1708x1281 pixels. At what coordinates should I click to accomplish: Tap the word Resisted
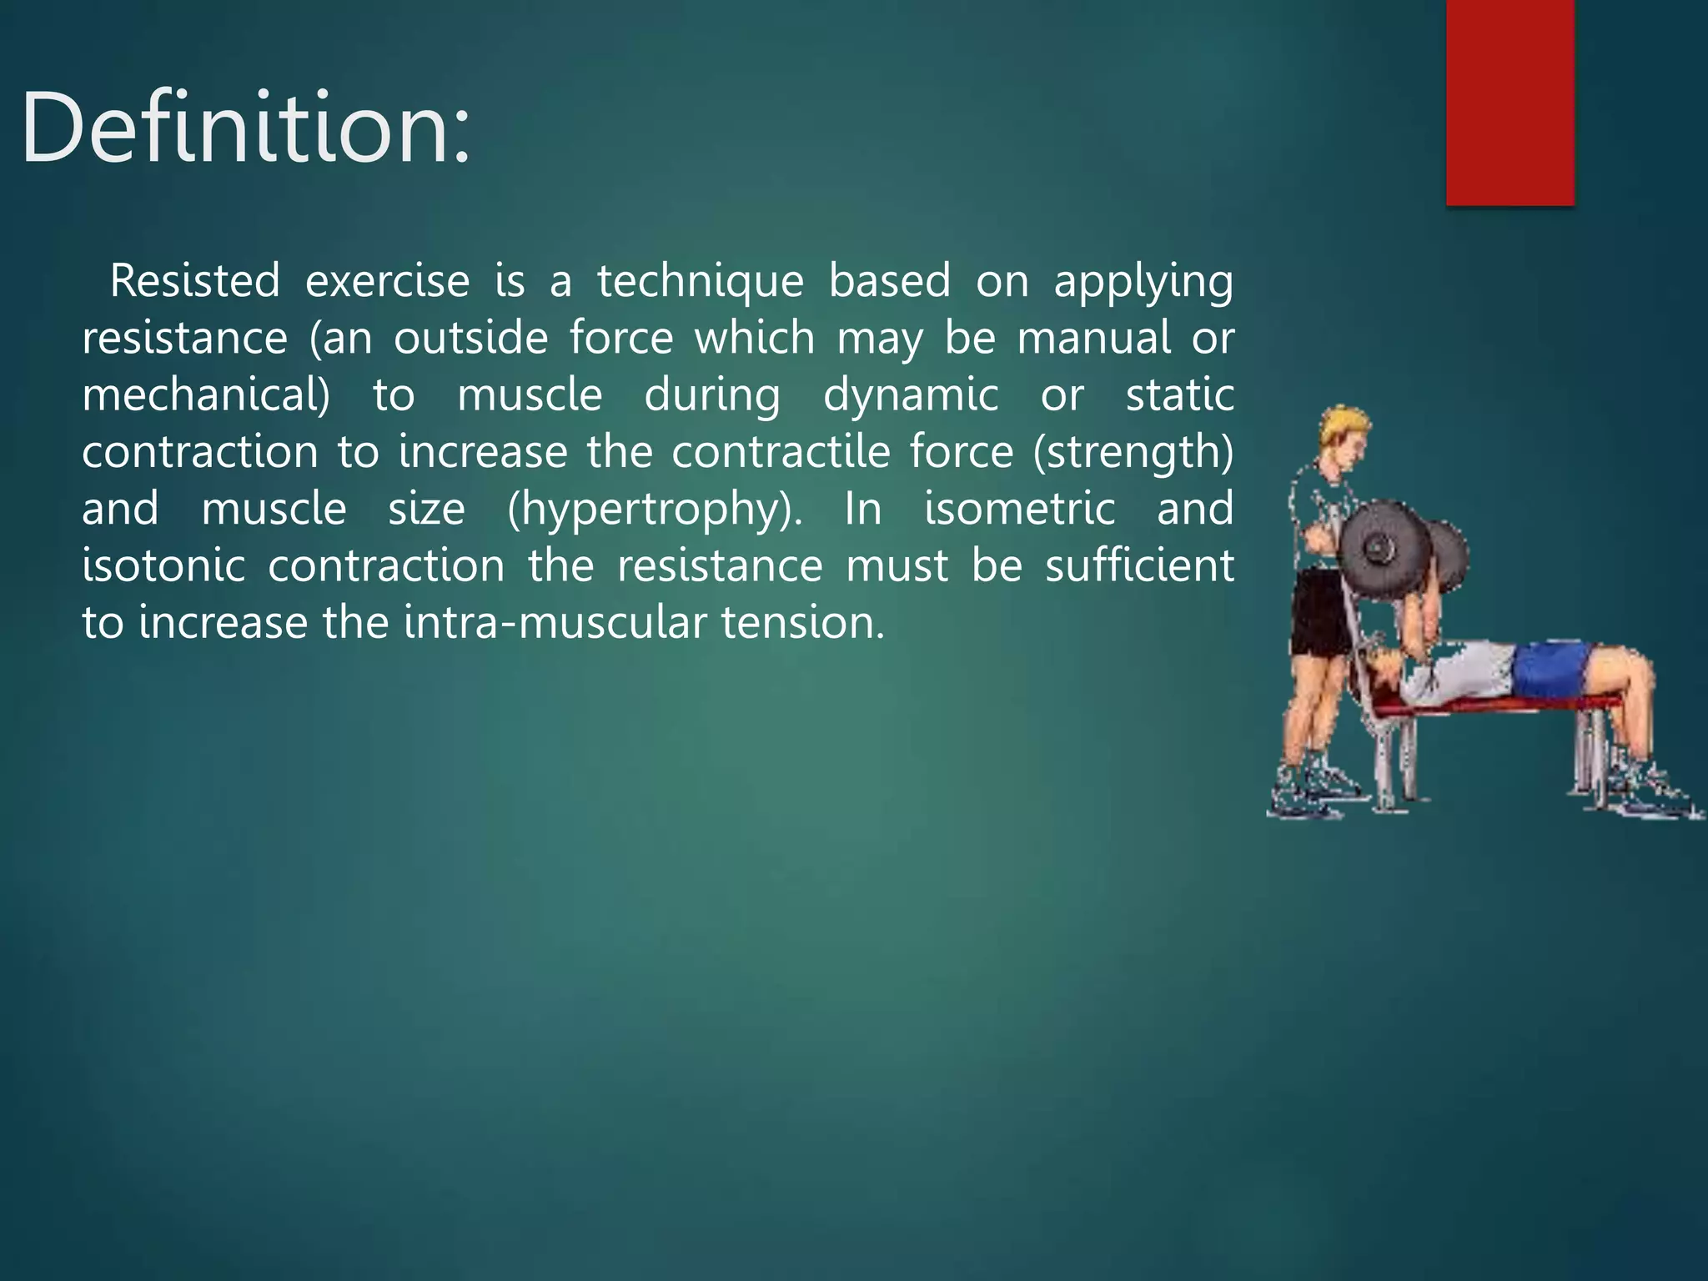[x=195, y=280]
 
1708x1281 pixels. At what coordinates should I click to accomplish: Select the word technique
[x=700, y=282]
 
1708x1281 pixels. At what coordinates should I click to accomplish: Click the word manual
[x=1094, y=338]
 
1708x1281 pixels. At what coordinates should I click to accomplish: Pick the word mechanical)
[x=206, y=395]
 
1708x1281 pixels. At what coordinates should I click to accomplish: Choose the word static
[x=1179, y=395]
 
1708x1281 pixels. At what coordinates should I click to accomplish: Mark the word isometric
[x=1019, y=509]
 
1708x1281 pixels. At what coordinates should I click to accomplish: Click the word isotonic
[x=163, y=565]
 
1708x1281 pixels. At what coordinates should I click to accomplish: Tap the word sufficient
[x=1139, y=565]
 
